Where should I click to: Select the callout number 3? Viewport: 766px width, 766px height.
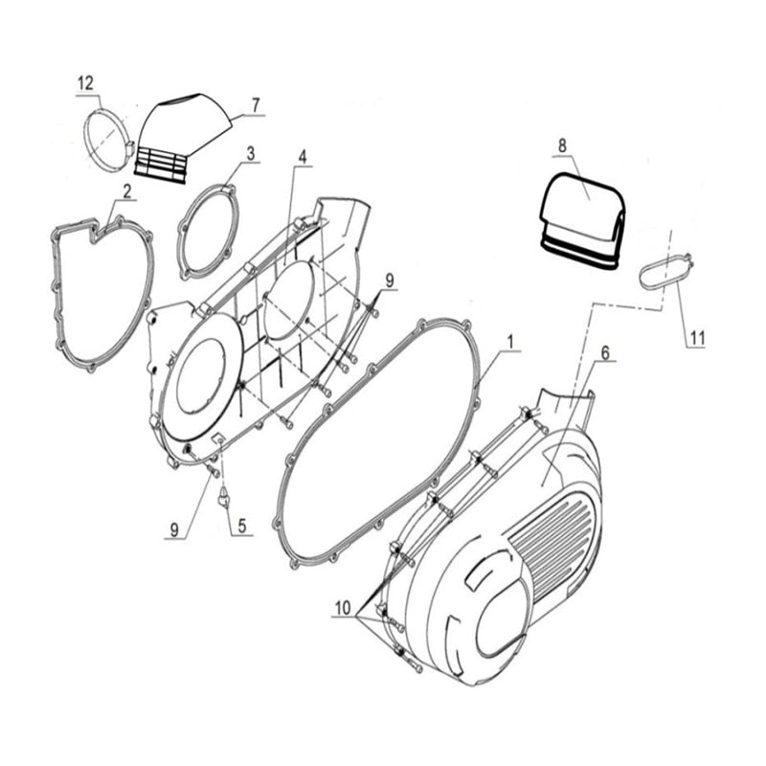250,152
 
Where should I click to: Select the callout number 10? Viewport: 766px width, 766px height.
344,607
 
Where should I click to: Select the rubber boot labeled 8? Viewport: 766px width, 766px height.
581,216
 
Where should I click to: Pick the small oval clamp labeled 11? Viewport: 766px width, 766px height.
663,268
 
